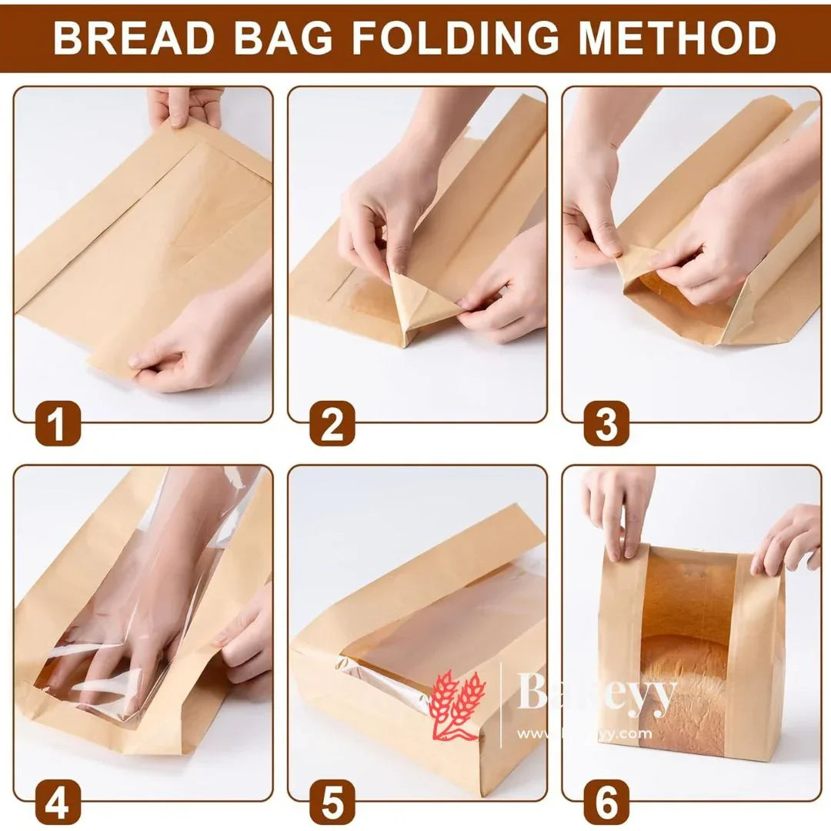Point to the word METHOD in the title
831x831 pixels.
[x=677, y=38]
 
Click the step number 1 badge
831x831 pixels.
[x=58, y=425]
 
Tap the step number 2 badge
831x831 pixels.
[x=332, y=425]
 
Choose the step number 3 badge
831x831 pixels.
[x=606, y=425]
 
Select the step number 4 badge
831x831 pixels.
[x=58, y=803]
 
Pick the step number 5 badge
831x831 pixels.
[x=332, y=803]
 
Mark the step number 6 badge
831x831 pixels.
[x=606, y=803]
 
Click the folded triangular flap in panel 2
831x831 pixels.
[x=419, y=304]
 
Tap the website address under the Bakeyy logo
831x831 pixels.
[x=585, y=734]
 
